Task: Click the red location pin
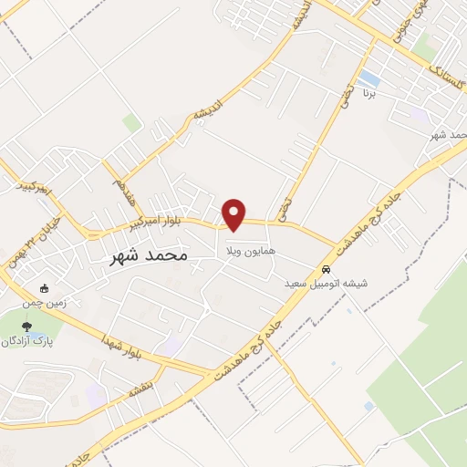pyautogui.click(x=235, y=213)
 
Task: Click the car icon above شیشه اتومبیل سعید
pyautogui.click(x=326, y=270)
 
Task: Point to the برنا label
pyautogui.click(x=369, y=93)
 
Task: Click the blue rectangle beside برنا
pyautogui.click(x=369, y=78)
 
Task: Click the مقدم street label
pyautogui.click(x=118, y=195)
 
